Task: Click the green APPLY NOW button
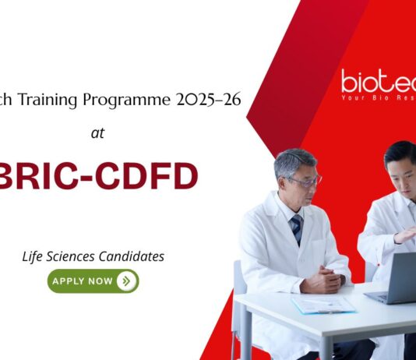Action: pyautogui.click(x=93, y=281)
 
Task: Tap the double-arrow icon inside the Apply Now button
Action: pyautogui.click(x=126, y=281)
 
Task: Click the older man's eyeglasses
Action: pyautogui.click(x=305, y=181)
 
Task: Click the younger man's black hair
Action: pyautogui.click(x=401, y=154)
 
